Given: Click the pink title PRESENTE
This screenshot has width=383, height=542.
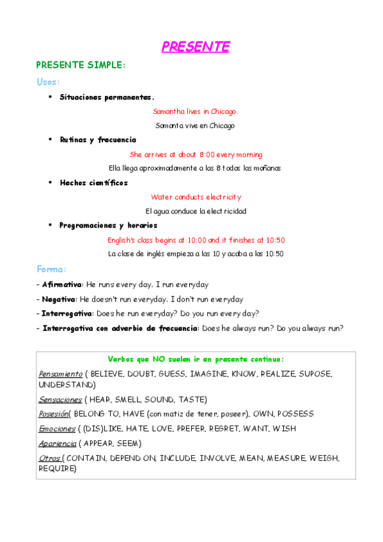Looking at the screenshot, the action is click(195, 47).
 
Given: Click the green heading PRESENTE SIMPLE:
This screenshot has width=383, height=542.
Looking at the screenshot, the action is click(81, 65).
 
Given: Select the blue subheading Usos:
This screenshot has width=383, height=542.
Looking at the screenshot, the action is click(48, 82).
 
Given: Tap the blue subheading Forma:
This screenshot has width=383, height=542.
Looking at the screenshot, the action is click(51, 270).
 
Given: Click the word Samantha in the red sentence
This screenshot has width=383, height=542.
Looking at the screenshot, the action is click(168, 112).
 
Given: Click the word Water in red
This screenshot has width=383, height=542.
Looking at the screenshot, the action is click(162, 197).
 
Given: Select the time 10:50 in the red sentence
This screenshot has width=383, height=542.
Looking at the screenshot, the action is click(275, 240).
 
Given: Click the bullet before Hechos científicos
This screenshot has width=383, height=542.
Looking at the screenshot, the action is click(51, 182).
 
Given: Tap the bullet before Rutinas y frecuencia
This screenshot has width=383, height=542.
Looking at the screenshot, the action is click(51, 139).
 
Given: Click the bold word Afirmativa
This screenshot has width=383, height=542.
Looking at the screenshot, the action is click(62, 284).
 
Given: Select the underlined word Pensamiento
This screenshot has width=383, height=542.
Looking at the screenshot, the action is click(61, 374).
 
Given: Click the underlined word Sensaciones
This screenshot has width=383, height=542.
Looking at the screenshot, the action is click(60, 399).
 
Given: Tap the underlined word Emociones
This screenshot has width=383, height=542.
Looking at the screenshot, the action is click(56, 429).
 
